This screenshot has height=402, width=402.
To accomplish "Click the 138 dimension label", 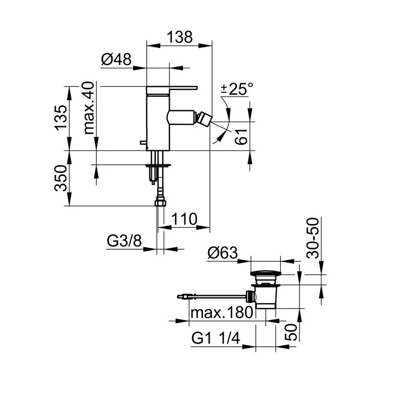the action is click(x=179, y=37).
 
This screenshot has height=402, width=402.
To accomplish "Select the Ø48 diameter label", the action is click(x=116, y=59).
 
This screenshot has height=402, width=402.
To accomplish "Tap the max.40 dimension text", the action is click(x=89, y=108).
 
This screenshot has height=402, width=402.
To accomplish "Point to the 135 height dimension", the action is click(x=61, y=118).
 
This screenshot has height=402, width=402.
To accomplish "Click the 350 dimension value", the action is click(x=61, y=178).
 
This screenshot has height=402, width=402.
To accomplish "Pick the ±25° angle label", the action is click(x=237, y=89).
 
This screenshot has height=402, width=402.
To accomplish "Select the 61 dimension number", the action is click(x=241, y=137).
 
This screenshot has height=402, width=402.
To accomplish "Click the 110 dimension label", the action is click(x=184, y=219).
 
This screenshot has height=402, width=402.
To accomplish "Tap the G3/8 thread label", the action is click(x=124, y=241).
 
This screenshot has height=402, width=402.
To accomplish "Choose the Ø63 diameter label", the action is click(x=223, y=253).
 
